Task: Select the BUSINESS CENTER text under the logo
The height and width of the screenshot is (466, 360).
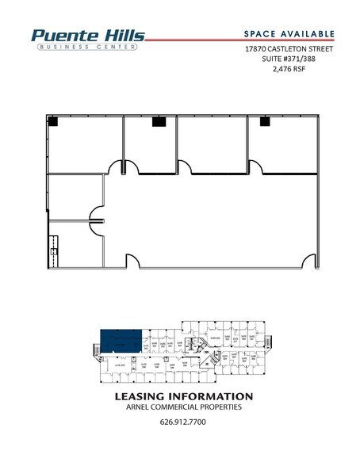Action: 87,47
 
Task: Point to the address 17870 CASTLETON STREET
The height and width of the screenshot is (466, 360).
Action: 288,48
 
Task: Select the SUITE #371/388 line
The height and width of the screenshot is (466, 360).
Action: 288,59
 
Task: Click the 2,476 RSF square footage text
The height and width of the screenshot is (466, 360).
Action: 288,69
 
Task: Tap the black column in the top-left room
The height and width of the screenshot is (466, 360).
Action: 52,121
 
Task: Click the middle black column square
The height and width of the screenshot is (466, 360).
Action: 158,121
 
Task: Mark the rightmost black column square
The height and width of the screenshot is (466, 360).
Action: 263,121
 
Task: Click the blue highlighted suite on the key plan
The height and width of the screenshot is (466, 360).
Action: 121,341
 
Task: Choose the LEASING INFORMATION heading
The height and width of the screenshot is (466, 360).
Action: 183,396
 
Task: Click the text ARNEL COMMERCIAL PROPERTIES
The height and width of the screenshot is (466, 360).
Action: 183,407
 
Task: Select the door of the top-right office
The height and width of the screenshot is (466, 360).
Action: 255,167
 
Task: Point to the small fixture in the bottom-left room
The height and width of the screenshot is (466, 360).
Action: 54,252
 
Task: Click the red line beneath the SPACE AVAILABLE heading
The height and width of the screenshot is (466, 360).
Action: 238,39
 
